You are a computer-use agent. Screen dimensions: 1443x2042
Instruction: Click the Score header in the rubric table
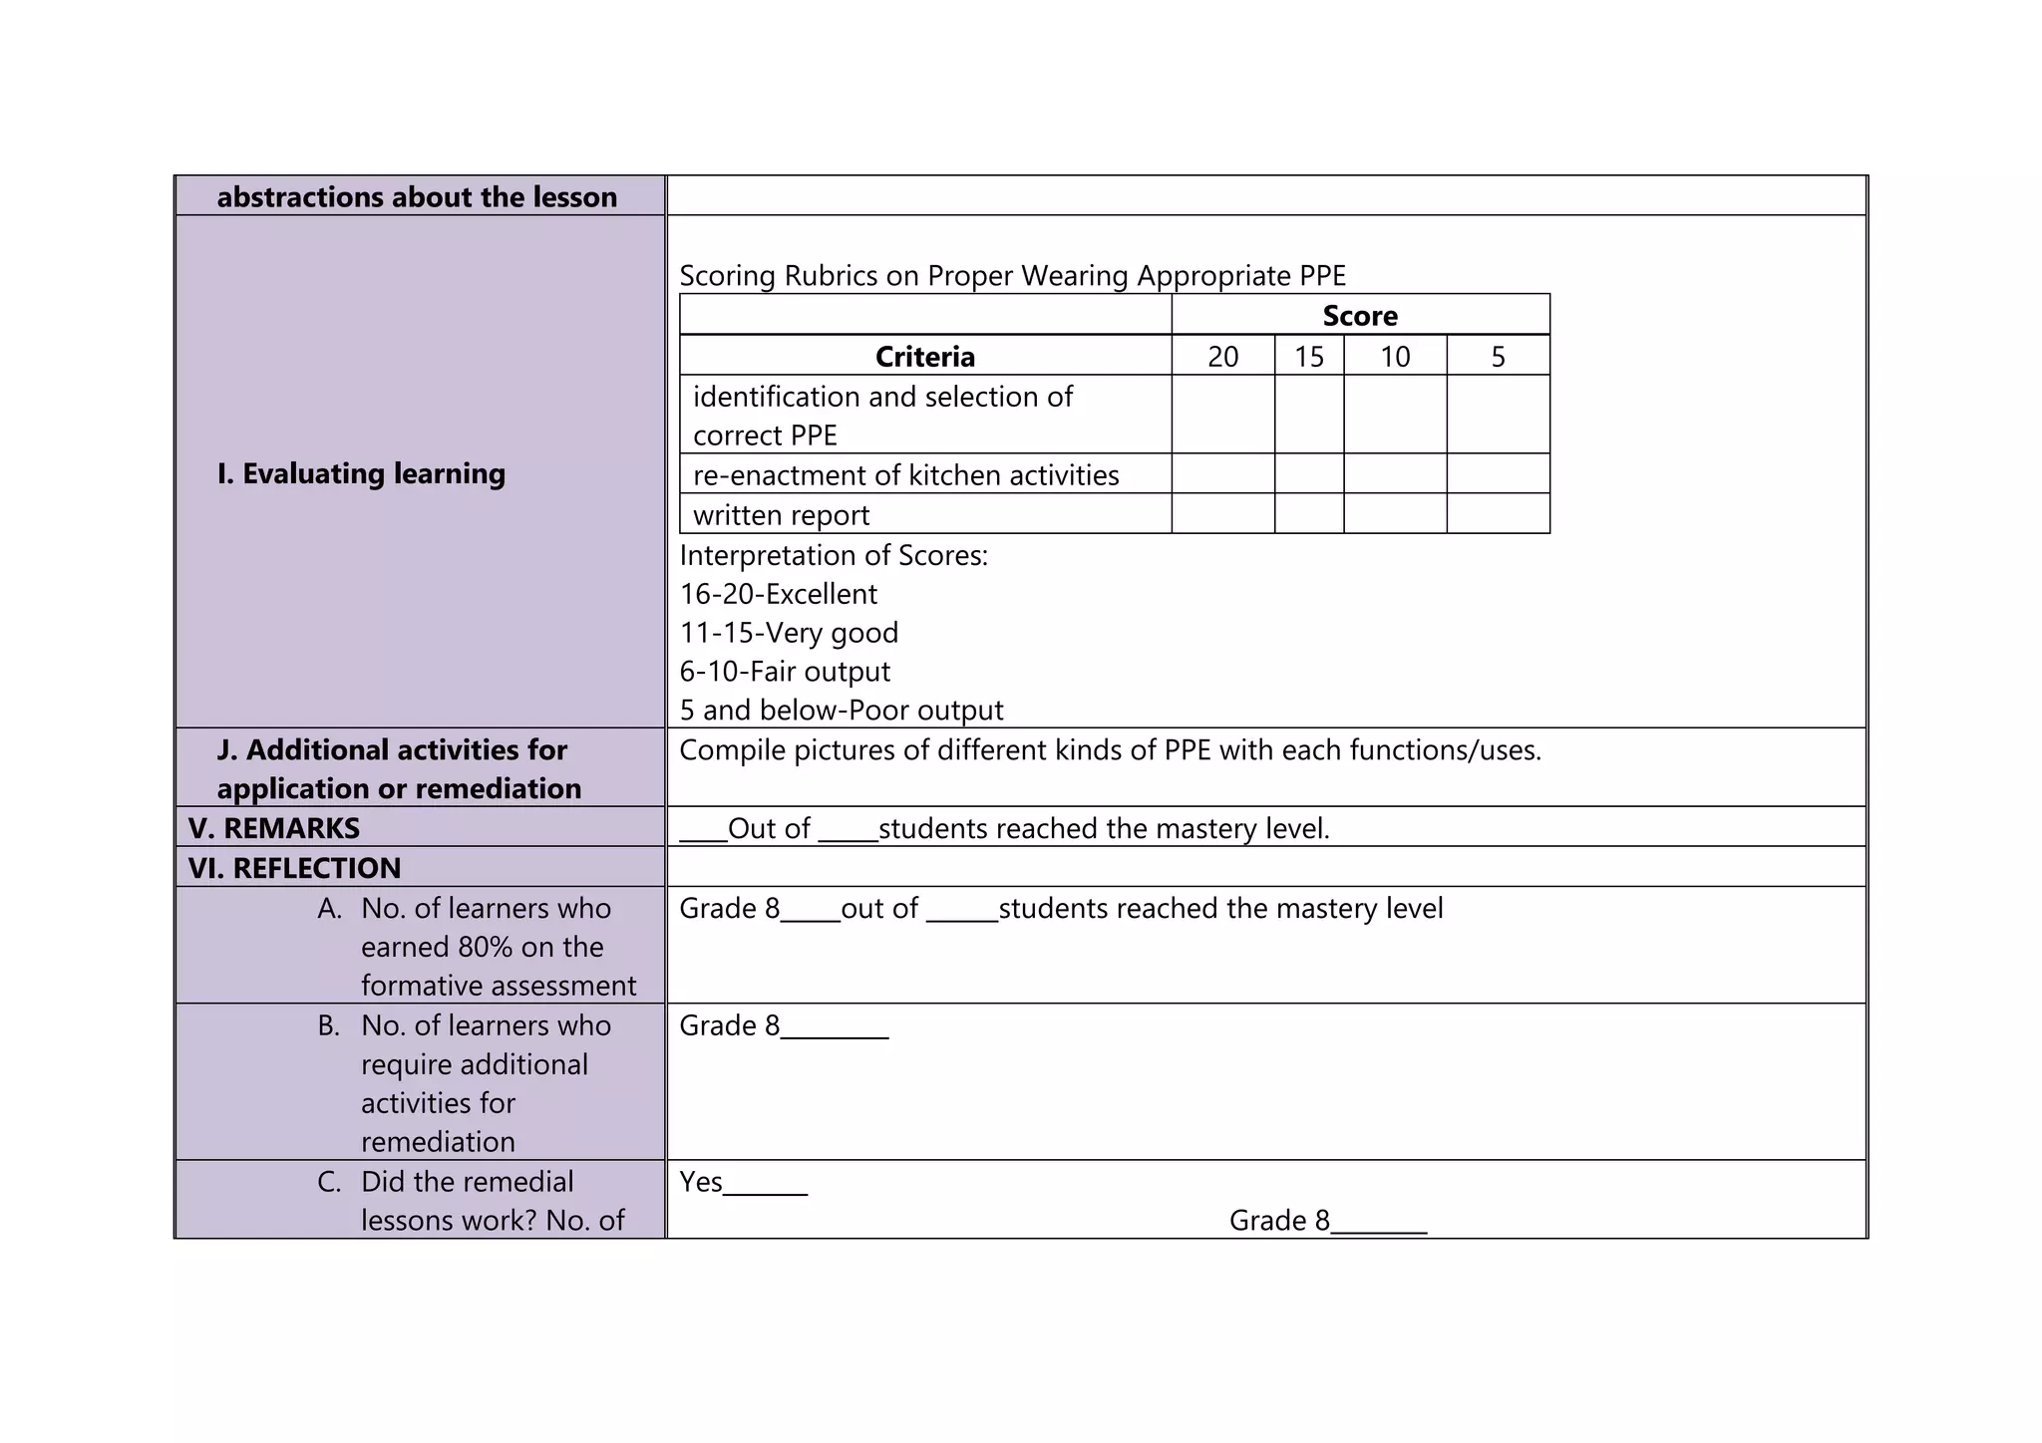[x=1359, y=316]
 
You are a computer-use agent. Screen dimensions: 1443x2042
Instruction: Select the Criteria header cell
[x=924, y=357]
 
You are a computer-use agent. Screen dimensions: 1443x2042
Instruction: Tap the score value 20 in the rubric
[x=1222, y=357]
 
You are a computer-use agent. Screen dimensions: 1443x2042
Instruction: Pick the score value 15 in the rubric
[x=1308, y=357]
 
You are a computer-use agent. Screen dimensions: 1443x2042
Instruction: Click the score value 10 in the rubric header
[x=1394, y=357]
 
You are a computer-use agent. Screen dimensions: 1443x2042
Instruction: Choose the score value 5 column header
[x=1498, y=357]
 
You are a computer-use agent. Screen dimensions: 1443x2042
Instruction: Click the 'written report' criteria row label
[x=781, y=515]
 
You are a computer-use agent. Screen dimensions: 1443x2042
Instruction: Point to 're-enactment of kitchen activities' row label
[x=905, y=475]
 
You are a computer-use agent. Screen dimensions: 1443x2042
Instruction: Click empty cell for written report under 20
[x=1222, y=514]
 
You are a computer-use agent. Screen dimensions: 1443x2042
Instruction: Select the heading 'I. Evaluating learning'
[x=361, y=473]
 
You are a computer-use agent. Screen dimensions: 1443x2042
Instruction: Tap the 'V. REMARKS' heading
[x=274, y=828]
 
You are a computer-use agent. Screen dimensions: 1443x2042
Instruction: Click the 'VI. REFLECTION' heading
[x=294, y=868]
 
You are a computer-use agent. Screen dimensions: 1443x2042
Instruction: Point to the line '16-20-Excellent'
[x=778, y=594]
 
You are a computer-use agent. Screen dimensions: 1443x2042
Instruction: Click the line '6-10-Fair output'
[x=785, y=672]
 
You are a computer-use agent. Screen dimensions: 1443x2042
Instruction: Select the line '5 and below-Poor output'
[x=841, y=711]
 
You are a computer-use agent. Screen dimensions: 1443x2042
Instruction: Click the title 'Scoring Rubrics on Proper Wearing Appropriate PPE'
[x=1012, y=276]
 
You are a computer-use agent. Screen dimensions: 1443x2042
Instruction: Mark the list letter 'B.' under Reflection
[x=329, y=1025]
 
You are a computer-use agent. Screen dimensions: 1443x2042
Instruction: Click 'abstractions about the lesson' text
[x=417, y=197]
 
